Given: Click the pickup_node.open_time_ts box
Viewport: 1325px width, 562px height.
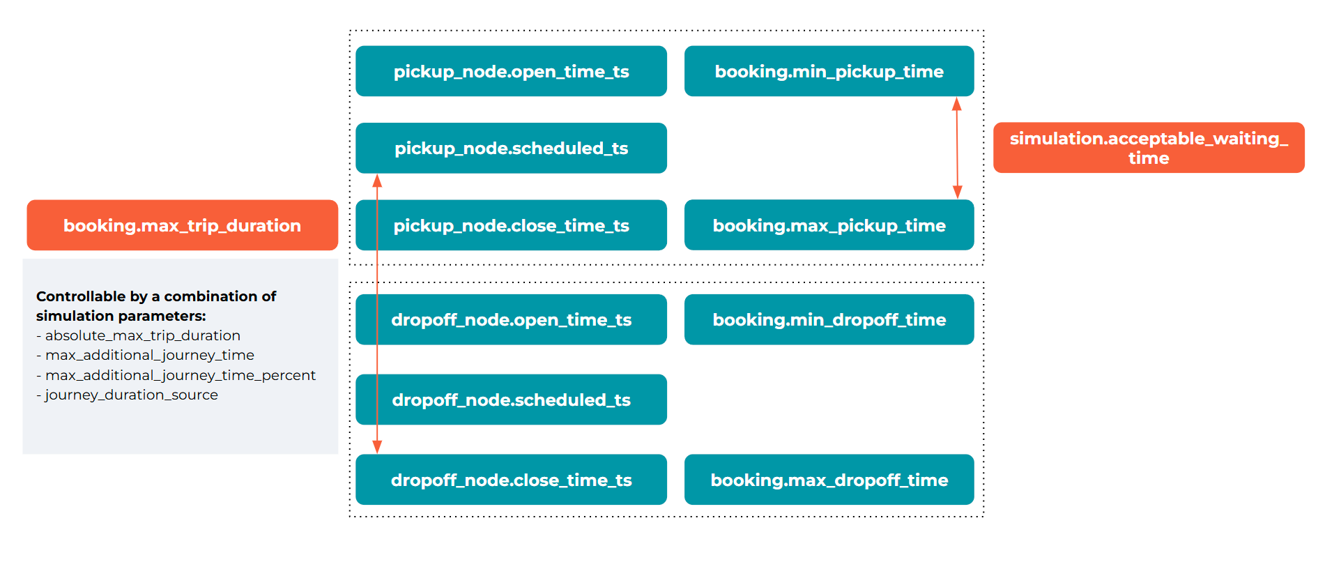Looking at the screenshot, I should [511, 71].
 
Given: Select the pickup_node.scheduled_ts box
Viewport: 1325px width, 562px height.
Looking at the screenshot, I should [511, 148].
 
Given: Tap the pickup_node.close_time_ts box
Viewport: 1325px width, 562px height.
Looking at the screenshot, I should [511, 225].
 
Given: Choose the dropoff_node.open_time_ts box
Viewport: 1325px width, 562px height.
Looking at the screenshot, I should [511, 319].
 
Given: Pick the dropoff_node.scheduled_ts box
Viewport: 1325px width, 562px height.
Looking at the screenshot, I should [511, 400].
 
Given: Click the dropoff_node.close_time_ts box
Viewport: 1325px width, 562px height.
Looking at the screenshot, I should [511, 480].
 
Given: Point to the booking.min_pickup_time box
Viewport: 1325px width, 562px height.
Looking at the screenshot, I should [829, 71].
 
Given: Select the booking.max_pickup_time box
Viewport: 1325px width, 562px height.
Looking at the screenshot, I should [829, 225].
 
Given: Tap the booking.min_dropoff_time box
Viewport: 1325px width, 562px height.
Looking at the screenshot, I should [829, 319].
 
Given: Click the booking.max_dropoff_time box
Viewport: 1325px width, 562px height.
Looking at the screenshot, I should [829, 480].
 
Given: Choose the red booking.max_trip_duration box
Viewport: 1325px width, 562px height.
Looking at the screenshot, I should [182, 225].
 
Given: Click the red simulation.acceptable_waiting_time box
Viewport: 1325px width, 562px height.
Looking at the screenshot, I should [1149, 148].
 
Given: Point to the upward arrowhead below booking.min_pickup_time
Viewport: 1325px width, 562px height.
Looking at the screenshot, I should [957, 105].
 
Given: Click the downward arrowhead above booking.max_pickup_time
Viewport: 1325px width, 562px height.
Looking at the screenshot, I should [957, 192].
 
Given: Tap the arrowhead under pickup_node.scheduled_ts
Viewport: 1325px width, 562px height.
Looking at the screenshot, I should [377, 181].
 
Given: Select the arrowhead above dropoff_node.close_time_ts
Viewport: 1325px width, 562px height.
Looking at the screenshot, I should [377, 446].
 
